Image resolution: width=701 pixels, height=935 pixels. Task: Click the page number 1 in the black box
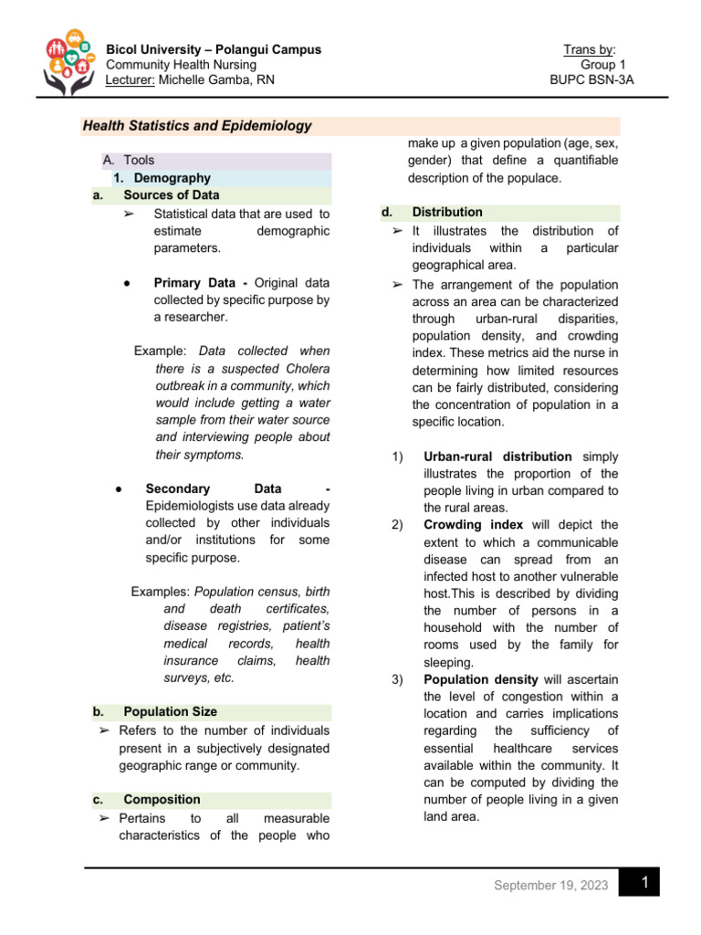coord(644,883)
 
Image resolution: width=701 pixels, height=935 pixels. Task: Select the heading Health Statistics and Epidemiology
coord(197,127)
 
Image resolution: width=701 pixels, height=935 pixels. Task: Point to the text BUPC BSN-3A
coord(591,79)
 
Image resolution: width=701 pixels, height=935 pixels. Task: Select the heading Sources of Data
coord(172,195)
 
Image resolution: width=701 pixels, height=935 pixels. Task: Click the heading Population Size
coord(170,711)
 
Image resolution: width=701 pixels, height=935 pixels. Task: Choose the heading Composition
coord(162,799)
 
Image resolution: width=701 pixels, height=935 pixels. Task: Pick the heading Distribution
coord(447,212)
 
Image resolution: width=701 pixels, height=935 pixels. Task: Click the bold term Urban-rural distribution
coord(497,457)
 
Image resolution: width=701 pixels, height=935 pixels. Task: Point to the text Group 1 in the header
coord(600,65)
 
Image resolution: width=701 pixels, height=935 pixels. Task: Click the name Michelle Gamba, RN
coord(217,79)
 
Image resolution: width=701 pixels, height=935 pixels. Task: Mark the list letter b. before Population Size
coord(98,711)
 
